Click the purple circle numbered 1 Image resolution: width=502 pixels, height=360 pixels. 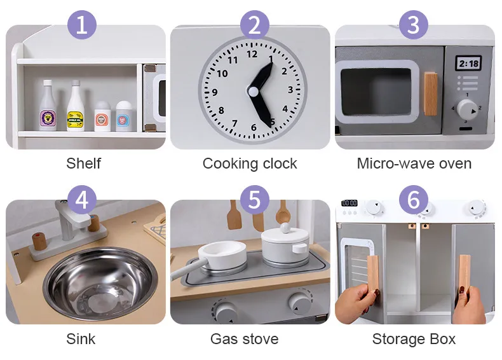[82, 25]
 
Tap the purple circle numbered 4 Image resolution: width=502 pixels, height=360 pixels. [82, 200]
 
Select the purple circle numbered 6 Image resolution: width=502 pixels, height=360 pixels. [414, 200]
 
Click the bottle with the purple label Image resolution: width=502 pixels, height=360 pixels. [48, 106]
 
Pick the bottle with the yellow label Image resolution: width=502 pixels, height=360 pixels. [75, 106]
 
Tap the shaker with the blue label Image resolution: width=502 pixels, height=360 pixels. [124, 116]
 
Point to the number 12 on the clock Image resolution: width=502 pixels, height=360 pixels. [252, 54]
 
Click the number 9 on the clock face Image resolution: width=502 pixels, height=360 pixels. [215, 92]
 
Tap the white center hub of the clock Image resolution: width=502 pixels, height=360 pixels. [253, 92]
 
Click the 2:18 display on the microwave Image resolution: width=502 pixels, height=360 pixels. [469, 64]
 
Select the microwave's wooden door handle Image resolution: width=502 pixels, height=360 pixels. [431, 93]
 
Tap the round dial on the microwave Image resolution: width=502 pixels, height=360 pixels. [467, 109]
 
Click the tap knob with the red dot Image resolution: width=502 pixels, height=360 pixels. [39, 241]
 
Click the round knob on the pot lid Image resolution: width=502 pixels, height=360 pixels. [285, 228]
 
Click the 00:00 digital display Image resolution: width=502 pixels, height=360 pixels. [349, 204]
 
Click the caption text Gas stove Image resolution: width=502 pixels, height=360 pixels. [245, 339]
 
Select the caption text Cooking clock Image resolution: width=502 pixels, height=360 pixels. [250, 163]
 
